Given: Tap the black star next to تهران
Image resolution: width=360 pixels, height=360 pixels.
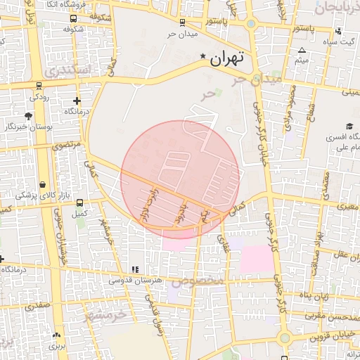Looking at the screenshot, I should tap(203, 56).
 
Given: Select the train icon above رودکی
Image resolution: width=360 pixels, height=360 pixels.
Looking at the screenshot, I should tap(38, 86).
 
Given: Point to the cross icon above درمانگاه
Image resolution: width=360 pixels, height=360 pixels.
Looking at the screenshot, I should tap(77, 101).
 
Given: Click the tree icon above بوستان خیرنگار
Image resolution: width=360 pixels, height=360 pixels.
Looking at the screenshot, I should tap(28, 116).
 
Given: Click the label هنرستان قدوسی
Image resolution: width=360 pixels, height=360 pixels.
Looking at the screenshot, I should tap(135, 280).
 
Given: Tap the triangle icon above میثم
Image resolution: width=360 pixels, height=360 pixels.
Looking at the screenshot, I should tap(302, 51).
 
